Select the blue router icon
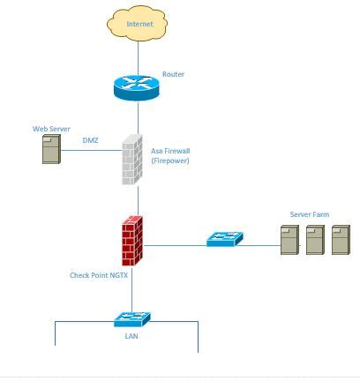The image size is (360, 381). [137, 86]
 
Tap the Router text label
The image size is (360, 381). [173, 74]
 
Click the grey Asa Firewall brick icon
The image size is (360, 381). [131, 159]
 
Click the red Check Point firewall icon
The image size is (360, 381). [132, 239]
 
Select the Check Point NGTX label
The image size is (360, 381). [100, 275]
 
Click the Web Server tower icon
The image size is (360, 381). [51, 149]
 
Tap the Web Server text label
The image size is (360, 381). [51, 129]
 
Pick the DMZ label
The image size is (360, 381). [90, 139]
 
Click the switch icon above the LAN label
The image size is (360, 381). [132, 318]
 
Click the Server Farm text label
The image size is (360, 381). [309, 214]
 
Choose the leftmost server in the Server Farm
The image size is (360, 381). [289, 240]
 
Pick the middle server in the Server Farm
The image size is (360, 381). [314, 240]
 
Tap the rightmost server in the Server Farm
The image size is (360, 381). [340, 240]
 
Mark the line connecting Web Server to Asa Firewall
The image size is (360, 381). [93, 150]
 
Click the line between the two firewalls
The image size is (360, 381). [138, 199]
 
